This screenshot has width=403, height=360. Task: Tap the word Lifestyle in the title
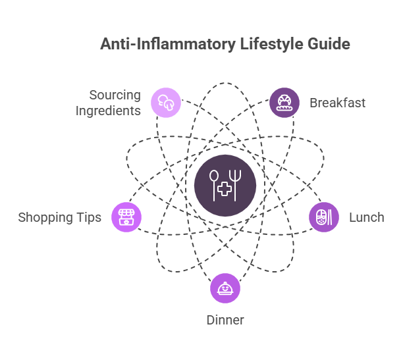point(264,45)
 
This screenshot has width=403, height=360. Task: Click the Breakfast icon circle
point(284,103)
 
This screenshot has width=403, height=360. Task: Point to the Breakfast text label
point(337,103)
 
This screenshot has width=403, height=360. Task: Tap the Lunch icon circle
point(324,217)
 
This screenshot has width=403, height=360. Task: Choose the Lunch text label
point(366,217)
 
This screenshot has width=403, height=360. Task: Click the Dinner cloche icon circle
point(225,288)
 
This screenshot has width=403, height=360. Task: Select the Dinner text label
point(225,321)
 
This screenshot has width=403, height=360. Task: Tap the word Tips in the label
point(89,217)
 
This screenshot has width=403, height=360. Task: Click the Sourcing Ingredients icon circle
point(165,103)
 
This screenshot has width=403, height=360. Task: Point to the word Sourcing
point(115,95)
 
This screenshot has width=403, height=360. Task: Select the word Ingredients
point(108,111)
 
